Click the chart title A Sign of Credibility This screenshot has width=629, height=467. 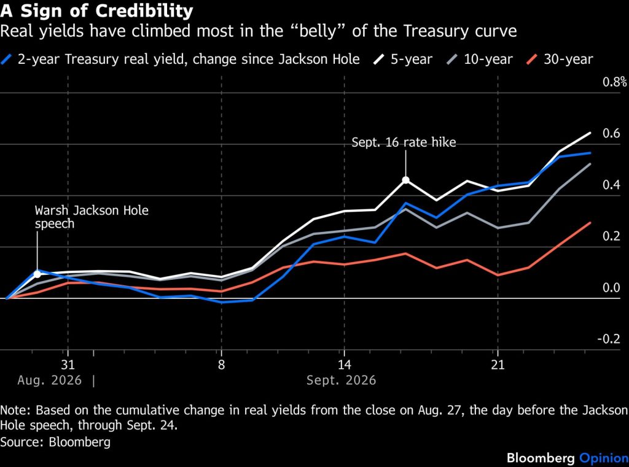[x=96, y=11]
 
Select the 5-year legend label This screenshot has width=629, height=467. [x=412, y=60]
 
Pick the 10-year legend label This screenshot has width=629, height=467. [x=488, y=60]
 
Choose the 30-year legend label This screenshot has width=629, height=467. [x=568, y=60]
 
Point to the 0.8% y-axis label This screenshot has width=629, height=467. [x=614, y=82]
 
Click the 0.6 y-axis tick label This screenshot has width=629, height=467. [x=611, y=134]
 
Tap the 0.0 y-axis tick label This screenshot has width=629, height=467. [x=611, y=287]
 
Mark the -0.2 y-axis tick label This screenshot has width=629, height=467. [x=609, y=339]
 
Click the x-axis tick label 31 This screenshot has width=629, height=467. [x=68, y=365]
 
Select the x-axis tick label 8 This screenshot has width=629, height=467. [x=221, y=365]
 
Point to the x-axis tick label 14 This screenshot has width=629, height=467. [x=344, y=365]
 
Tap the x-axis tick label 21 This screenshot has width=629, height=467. [x=498, y=365]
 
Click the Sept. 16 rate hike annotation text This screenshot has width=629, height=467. [x=404, y=142]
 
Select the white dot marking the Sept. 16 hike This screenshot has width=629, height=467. [x=405, y=180]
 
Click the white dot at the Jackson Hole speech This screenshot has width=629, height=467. [x=37, y=274]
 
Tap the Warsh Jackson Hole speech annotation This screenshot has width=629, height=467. [x=92, y=217]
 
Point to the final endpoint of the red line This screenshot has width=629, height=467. [x=590, y=223]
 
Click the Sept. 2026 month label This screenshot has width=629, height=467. [x=342, y=380]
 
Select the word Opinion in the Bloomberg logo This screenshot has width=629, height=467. [x=604, y=458]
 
